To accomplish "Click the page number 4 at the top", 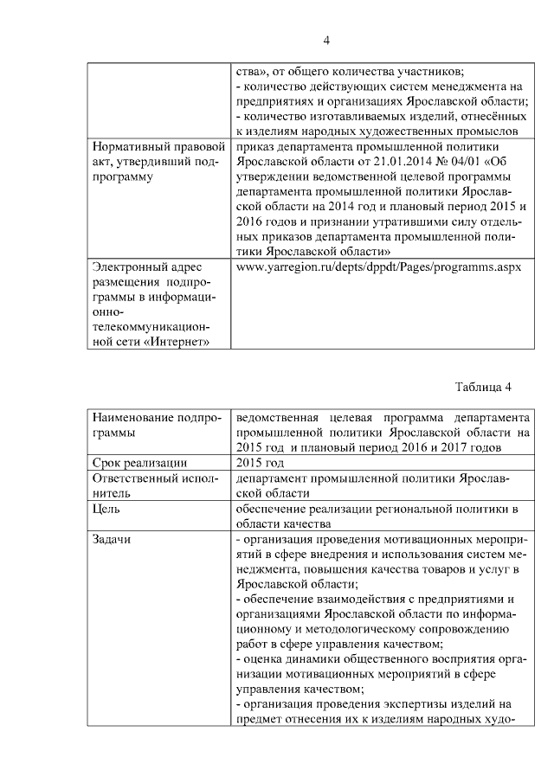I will [325, 41].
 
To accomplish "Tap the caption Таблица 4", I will [484, 386].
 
